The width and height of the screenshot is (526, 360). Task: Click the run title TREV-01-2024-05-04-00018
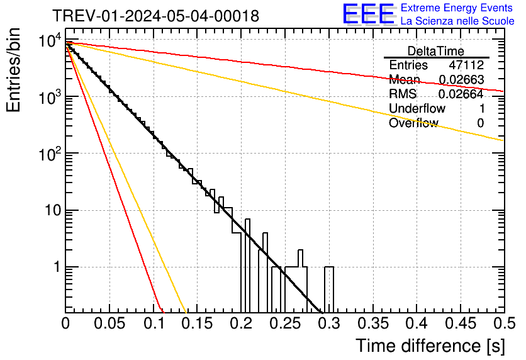coord(155,16)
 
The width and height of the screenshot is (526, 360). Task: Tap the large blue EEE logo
coord(368,14)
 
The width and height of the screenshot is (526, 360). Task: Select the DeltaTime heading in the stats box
coord(436,51)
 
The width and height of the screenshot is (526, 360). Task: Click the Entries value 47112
coord(466,65)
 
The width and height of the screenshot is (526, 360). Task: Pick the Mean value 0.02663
coord(461,80)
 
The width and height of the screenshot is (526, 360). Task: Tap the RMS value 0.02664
coord(461,94)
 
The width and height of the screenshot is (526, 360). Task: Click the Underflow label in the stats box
coord(417,109)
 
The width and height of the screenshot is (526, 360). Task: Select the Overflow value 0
coord(480,123)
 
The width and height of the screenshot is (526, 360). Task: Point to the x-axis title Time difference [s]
coord(429,346)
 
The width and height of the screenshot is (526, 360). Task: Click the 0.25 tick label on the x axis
coord(284,324)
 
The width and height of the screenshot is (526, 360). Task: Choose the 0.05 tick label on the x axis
coord(109,324)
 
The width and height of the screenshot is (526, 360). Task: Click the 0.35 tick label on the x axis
coord(372,324)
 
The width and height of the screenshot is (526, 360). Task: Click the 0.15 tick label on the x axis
coord(197,324)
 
